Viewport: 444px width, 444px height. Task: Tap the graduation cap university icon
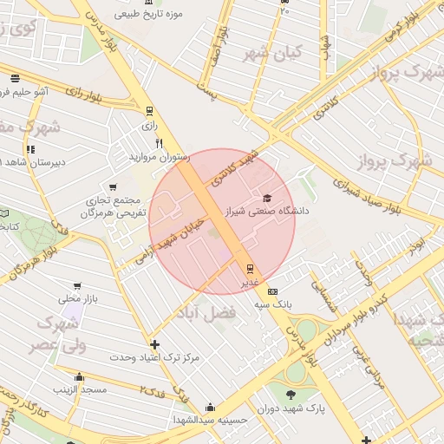coord(266,198)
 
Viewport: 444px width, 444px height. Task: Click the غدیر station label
coord(249,282)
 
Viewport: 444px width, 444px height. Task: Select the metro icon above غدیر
coord(250,268)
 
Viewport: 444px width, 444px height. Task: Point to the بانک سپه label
coord(273,304)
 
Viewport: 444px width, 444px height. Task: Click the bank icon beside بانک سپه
coord(273,291)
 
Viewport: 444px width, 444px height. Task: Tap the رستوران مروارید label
coord(159,157)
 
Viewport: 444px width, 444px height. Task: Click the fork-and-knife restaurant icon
coord(159,143)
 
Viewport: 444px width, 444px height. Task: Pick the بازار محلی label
coord(75,298)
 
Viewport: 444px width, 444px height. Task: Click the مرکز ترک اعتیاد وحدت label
coord(160,357)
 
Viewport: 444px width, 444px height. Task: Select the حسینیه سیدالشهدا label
coord(208,420)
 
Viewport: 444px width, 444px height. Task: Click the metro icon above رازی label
coord(149,111)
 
